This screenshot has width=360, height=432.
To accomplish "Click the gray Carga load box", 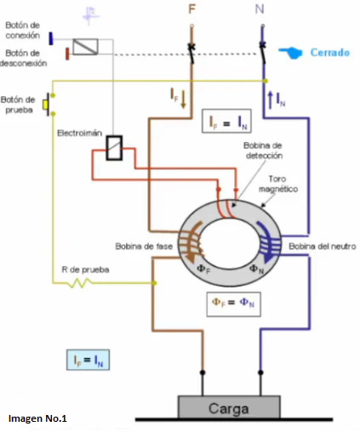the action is [229, 407].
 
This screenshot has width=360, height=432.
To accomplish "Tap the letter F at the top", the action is [192, 9].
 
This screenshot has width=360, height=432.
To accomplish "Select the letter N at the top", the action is [260, 9].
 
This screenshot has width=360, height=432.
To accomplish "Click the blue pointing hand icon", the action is [290, 53].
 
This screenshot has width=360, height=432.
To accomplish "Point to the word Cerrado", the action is [330, 53].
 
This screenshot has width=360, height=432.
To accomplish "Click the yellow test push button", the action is [45, 105].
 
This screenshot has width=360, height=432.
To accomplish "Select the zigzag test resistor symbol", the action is [81, 282].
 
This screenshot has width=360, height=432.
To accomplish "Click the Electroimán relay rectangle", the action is [114, 148].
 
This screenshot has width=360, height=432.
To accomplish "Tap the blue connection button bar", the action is [51, 38].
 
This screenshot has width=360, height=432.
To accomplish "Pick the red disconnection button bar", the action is [67, 54].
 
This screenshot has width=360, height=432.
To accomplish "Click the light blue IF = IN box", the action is [88, 360].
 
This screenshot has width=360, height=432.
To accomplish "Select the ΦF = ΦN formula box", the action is [234, 304].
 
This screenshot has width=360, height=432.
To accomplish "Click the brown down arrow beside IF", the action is [183, 99].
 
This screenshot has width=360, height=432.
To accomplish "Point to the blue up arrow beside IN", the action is [270, 100].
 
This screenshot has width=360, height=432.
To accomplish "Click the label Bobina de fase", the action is [144, 247].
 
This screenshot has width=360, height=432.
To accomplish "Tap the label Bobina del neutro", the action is [323, 247].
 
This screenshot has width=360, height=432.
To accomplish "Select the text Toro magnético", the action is [278, 184].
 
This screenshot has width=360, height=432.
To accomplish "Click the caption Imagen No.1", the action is [37, 418].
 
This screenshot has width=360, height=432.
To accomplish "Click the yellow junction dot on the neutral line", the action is [266, 81].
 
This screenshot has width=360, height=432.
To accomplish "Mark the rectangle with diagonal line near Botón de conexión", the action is [85, 47].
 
